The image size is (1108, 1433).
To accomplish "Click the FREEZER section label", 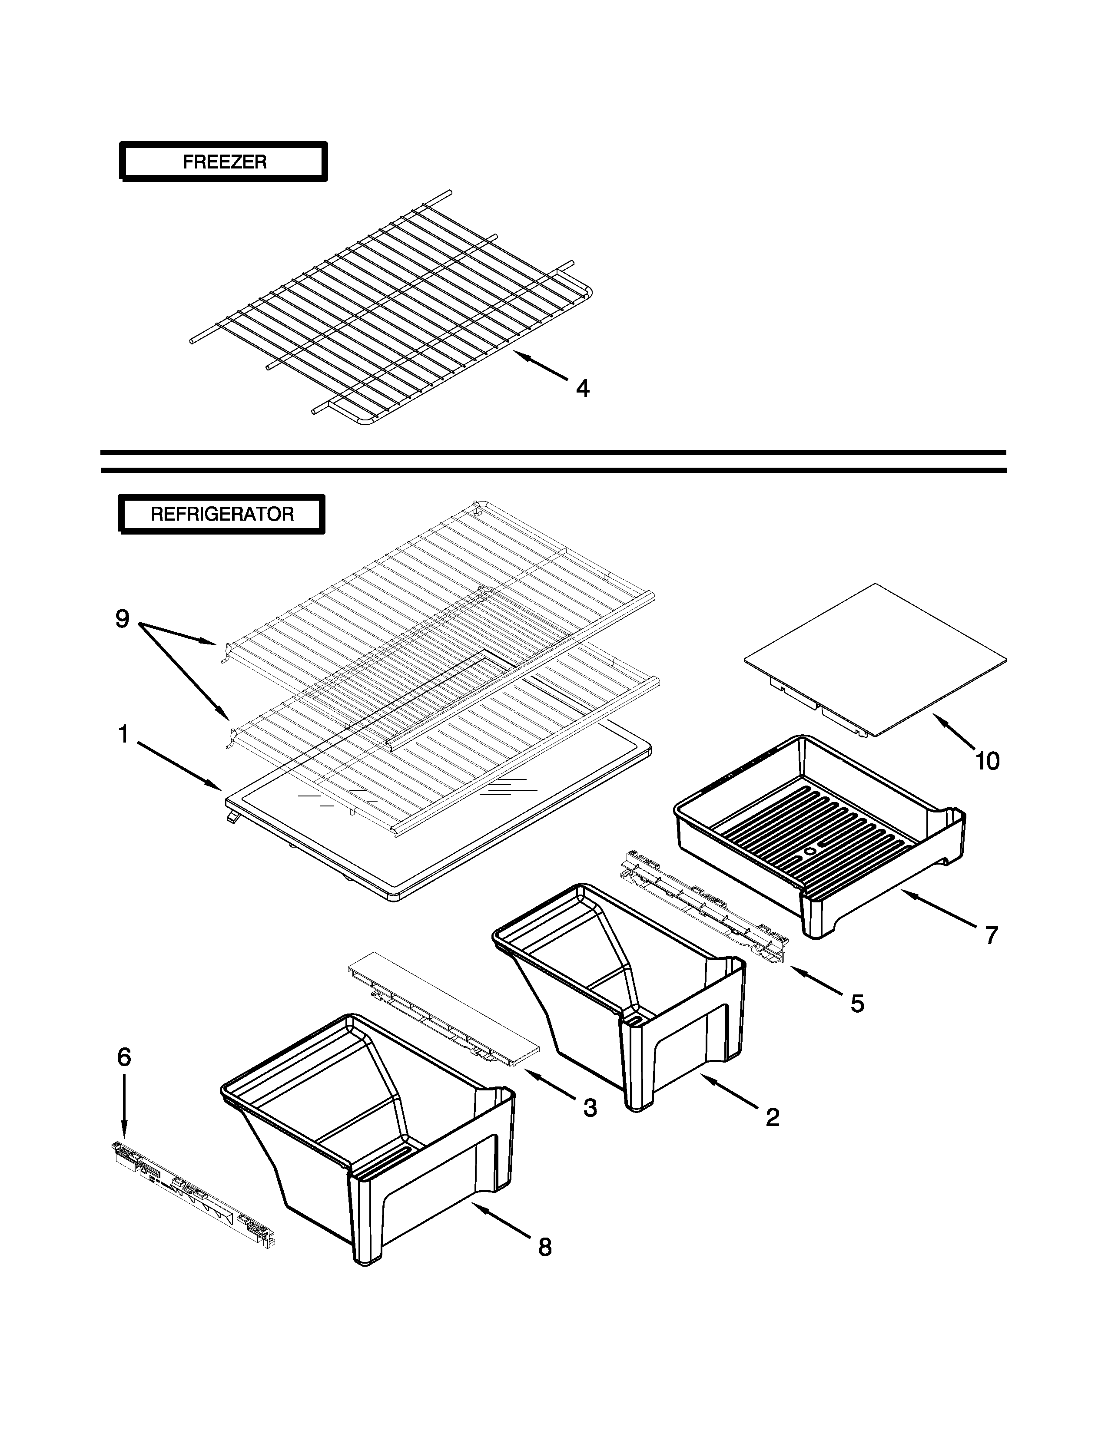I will click(223, 162).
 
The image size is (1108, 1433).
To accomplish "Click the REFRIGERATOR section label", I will click(222, 514).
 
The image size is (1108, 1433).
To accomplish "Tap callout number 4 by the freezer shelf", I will click(582, 389).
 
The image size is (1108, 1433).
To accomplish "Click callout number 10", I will click(987, 761).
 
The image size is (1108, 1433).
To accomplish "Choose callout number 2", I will click(773, 1117).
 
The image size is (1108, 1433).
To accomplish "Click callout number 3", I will click(590, 1108).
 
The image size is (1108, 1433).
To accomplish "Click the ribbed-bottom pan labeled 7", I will click(820, 833).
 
